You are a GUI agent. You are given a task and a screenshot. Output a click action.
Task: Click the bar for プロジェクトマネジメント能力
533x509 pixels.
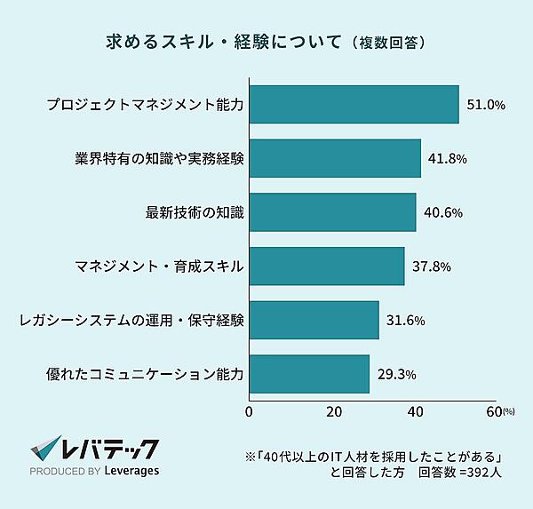(354, 105)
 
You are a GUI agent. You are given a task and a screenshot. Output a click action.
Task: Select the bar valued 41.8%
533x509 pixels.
(335, 158)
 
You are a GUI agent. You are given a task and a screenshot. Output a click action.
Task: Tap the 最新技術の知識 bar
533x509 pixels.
(332, 212)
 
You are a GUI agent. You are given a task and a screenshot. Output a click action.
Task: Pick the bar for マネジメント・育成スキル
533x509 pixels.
(326, 266)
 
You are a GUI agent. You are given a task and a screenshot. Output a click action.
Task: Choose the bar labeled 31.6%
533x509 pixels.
(314, 320)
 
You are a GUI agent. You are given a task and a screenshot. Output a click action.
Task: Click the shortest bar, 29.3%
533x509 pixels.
(308, 374)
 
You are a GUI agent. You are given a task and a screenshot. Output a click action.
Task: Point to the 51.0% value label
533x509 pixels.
(486, 105)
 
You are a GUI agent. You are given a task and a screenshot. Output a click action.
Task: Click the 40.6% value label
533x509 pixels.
(442, 212)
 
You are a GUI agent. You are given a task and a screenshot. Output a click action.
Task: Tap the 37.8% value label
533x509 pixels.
(431, 266)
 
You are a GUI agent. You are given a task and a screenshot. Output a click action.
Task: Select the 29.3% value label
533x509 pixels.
(395, 374)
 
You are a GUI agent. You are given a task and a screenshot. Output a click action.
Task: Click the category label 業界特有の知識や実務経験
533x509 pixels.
(160, 158)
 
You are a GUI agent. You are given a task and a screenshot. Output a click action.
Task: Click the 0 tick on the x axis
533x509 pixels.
(249, 411)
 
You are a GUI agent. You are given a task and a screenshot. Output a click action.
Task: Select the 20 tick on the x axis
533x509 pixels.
(334, 411)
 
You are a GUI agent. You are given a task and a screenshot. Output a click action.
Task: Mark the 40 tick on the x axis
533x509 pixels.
(416, 411)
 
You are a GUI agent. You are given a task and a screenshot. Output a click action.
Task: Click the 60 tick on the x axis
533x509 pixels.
(495, 411)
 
